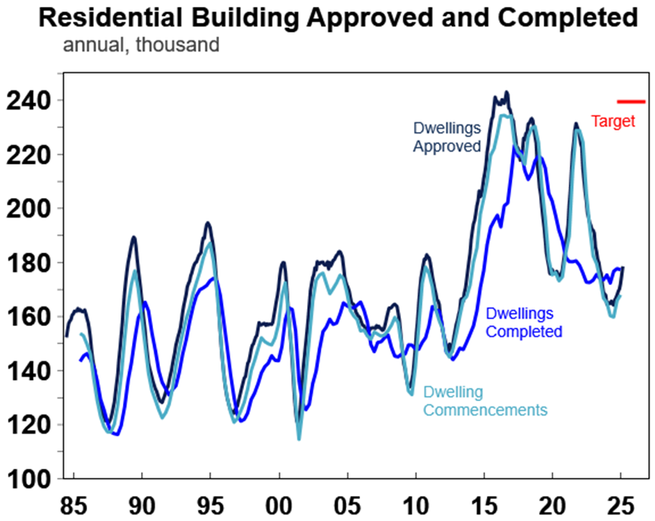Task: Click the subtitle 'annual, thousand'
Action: (x=141, y=46)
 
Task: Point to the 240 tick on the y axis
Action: (x=29, y=101)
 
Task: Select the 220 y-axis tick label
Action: (x=29, y=155)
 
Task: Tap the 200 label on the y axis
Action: (x=29, y=209)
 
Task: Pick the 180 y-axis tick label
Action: (x=29, y=263)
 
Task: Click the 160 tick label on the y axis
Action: (x=29, y=317)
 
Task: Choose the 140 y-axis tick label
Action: (x=29, y=371)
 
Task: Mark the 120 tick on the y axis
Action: (x=29, y=425)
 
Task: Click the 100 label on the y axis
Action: (x=29, y=479)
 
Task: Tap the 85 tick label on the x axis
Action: (x=74, y=504)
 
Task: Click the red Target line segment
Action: (x=631, y=101)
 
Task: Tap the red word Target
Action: (x=613, y=121)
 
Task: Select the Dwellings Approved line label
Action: (x=447, y=137)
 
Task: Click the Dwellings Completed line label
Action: (x=524, y=322)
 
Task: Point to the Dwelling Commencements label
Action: (x=484, y=401)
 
